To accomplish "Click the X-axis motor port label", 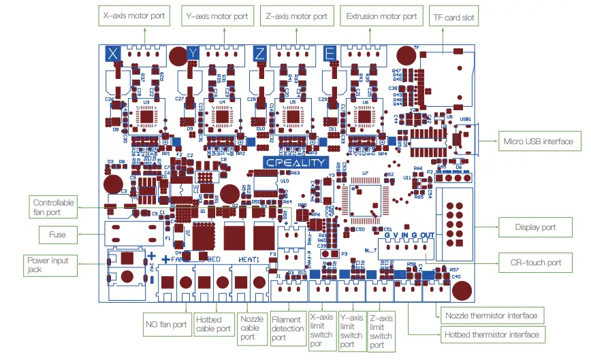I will coord(133,16).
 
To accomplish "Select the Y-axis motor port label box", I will coord(217,16).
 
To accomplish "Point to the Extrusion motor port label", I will coord(381,16).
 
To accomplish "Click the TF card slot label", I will coord(454,17).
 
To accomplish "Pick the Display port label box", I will coord(534,227).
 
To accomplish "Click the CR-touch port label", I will coord(536,262).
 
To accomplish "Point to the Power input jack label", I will coord(48,265).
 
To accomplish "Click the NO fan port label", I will coord(165,324).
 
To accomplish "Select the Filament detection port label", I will coord(286,328).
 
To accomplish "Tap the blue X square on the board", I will coord(114,53).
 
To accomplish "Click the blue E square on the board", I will coord(330,53).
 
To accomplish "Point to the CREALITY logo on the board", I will coord(295,163).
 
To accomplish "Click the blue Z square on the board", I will coord(259,53).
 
